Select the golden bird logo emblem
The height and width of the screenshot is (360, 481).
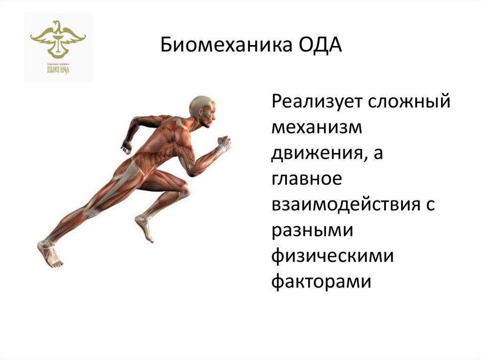[x=58, y=38]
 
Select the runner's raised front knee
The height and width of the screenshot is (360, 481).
[x=184, y=188]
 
